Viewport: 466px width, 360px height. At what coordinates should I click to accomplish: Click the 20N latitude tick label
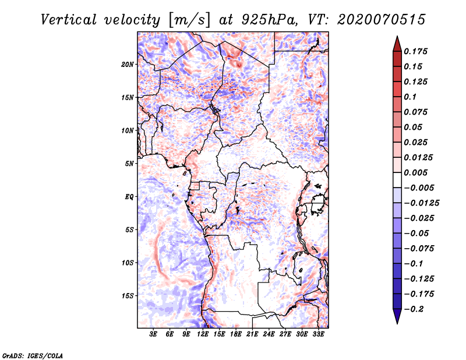click(x=128, y=64)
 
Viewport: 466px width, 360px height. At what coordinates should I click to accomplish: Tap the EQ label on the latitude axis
click(x=129, y=196)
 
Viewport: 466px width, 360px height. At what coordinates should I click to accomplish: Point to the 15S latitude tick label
click(x=128, y=295)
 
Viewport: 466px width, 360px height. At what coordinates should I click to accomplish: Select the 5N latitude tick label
click(x=129, y=163)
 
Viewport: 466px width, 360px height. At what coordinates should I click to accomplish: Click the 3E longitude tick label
click(x=154, y=334)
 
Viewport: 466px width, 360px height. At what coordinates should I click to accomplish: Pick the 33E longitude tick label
click(x=318, y=334)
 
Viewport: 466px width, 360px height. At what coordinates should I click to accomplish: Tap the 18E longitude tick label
click(x=236, y=334)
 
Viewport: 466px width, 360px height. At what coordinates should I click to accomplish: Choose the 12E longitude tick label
click(x=203, y=334)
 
